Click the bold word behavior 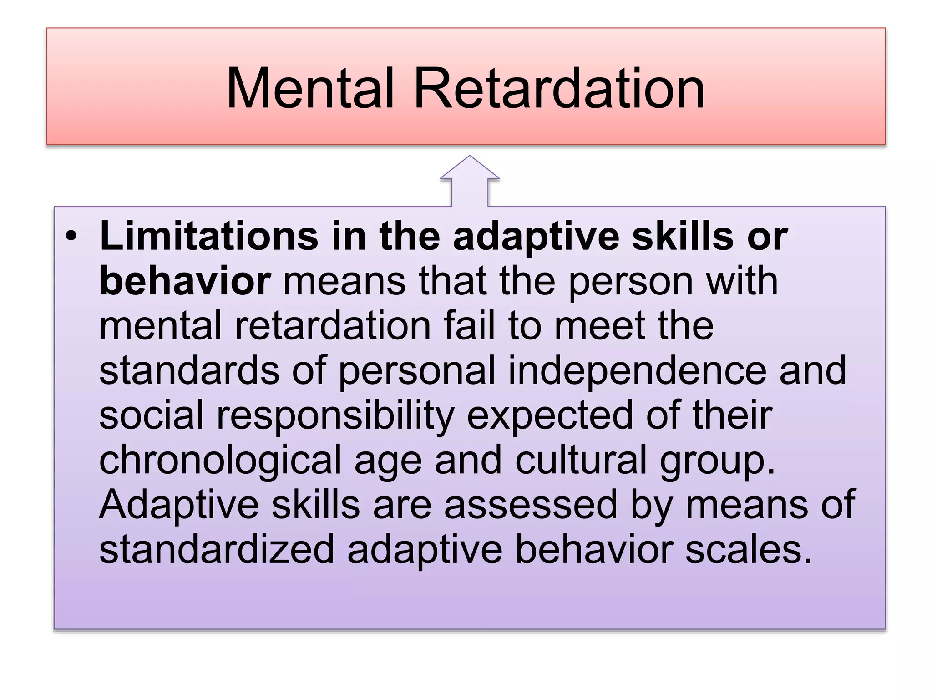[x=185, y=281]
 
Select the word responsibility [x=335, y=416]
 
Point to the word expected [x=550, y=416]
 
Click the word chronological [x=220, y=461]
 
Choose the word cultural [x=581, y=460]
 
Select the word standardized [x=217, y=549]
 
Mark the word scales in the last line [x=749, y=549]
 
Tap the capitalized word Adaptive [x=179, y=505]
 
